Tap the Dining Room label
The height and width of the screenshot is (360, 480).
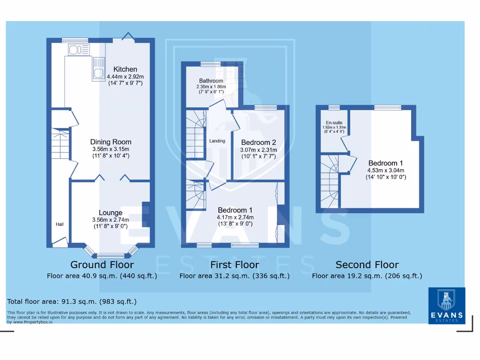pos(111,142)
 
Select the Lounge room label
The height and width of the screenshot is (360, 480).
pos(111,213)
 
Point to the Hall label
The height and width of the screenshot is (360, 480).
pos(60,225)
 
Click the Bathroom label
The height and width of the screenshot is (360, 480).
pos(211,81)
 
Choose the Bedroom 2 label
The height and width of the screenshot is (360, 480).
pos(258,142)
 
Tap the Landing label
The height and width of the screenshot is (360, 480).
pos(217,141)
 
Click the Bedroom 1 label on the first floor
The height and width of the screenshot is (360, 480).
pos(235,210)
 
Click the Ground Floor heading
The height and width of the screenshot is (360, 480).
pos(102,265)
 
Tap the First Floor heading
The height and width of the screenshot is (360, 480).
pos(234,265)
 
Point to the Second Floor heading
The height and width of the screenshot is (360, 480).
pos(367,265)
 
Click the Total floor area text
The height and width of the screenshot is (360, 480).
pos(72,301)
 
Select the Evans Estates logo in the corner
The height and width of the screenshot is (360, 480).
pos(447,306)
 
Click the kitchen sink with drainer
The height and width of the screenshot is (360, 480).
pos(99,68)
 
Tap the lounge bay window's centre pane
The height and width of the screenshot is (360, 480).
pos(111,255)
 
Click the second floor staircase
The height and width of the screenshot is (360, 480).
pos(330,183)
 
